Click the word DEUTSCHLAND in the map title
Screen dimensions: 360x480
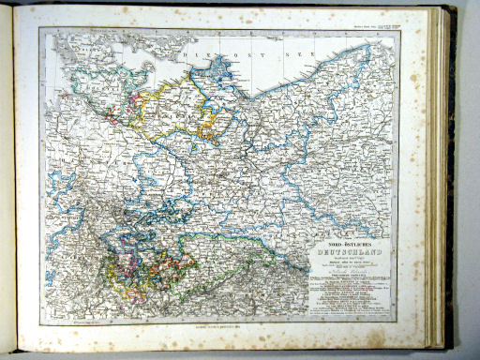343,250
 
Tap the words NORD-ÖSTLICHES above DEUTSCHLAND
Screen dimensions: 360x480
341,243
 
